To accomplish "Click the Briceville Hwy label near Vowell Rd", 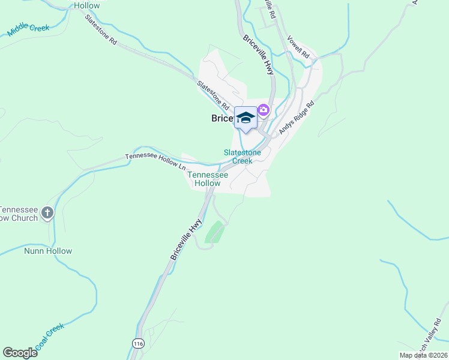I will [258, 55].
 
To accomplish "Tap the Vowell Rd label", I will [298, 47].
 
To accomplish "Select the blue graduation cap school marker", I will [246, 117].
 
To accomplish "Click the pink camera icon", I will [263, 110].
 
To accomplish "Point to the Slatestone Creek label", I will [242, 157].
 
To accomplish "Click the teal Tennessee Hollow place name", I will [208, 179].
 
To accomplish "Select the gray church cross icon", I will [47, 212].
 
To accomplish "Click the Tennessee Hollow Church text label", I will [18, 214].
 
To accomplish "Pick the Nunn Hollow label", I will [48, 251].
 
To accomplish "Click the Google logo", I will [20, 353].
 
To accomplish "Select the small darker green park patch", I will [215, 232].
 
